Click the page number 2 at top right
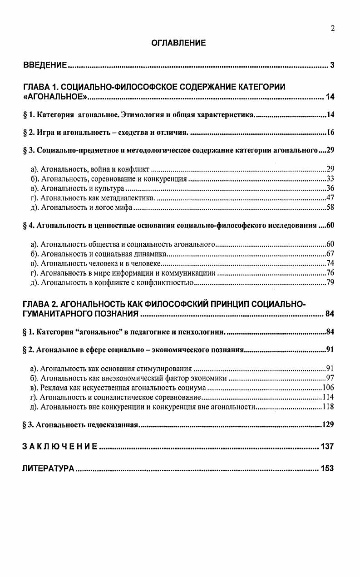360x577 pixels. coord(332,29)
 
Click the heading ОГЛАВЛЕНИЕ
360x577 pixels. coord(178,43)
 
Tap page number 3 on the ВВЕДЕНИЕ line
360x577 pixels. coord(332,65)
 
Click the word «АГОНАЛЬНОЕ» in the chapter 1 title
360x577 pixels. coord(55,97)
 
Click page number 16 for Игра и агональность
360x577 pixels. coord(330,133)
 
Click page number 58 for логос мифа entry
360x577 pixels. coord(330,207)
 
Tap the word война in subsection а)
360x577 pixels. coord(101,169)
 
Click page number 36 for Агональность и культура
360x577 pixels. coord(330,188)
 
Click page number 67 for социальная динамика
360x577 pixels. coord(330,254)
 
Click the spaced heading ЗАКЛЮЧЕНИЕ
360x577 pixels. coord(59,447)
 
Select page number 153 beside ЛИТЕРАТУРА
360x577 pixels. coord(327,469)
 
